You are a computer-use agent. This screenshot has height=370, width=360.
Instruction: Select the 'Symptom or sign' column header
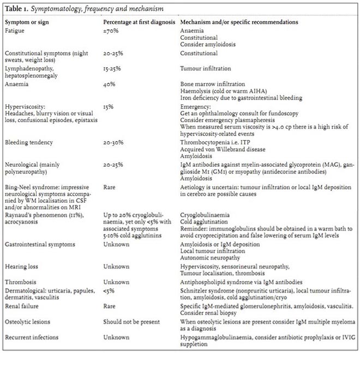27,22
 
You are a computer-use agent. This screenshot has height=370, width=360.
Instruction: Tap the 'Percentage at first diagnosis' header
140,22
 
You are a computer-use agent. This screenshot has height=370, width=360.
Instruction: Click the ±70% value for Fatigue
111,31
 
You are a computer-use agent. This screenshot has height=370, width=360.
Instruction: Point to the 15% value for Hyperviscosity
109,107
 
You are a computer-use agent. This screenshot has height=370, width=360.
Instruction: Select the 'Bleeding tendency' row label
28,143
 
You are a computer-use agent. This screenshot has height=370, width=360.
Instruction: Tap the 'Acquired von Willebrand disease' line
223,149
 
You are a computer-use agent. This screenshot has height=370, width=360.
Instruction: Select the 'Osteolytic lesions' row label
28,324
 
